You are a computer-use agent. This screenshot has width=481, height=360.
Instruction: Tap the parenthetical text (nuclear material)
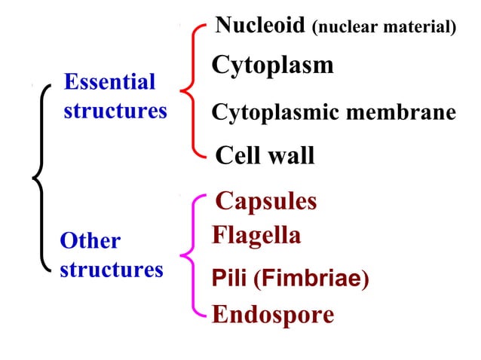click(384, 28)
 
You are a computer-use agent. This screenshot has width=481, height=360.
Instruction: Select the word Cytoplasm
click(272, 66)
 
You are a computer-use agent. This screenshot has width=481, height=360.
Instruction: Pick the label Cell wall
click(265, 156)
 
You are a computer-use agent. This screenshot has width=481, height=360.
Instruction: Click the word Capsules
click(265, 201)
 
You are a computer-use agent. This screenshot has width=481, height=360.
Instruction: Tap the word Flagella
click(256, 236)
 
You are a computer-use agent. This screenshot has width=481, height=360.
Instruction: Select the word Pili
click(230, 279)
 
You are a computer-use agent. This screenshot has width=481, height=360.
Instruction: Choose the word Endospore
click(273, 314)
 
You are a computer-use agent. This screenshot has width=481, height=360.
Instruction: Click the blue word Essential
click(109, 81)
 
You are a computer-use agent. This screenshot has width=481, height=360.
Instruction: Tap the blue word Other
click(90, 241)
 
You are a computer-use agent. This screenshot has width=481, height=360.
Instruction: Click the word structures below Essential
click(115, 111)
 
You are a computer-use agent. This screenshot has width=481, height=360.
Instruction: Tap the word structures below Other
click(111, 269)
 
